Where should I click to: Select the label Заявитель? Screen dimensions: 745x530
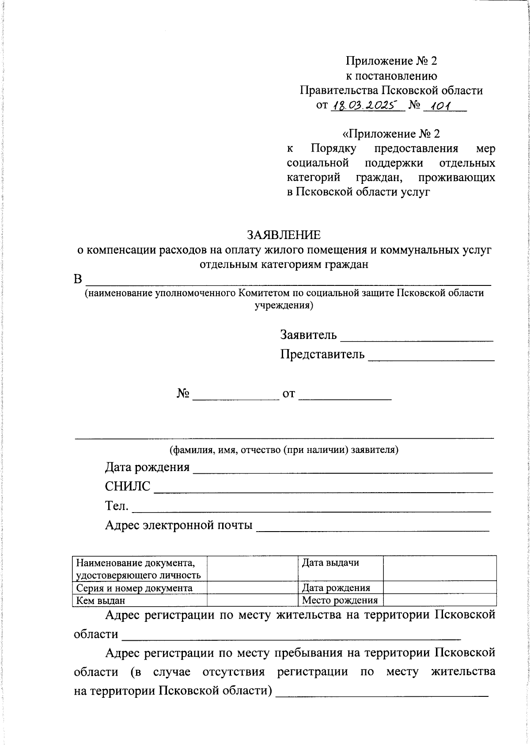tap(308, 335)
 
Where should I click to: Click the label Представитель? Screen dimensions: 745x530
tap(322, 354)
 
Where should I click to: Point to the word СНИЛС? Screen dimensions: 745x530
tap(128, 487)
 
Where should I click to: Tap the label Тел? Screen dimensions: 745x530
tap(117, 506)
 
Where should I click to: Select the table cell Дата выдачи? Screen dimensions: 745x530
tap(330, 563)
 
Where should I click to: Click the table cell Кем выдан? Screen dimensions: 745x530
tap(101, 601)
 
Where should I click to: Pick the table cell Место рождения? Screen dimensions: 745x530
tap(340, 601)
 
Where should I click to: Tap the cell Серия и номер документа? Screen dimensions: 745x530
tap(134, 588)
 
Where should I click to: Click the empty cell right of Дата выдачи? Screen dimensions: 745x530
tap(439, 568)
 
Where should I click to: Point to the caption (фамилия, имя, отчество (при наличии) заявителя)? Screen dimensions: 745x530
tap(284, 450)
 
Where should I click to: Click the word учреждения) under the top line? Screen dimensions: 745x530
tap(284, 305)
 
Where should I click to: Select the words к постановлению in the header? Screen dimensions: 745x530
tap(391, 76)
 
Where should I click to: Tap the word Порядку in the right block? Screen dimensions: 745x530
tap(334, 148)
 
